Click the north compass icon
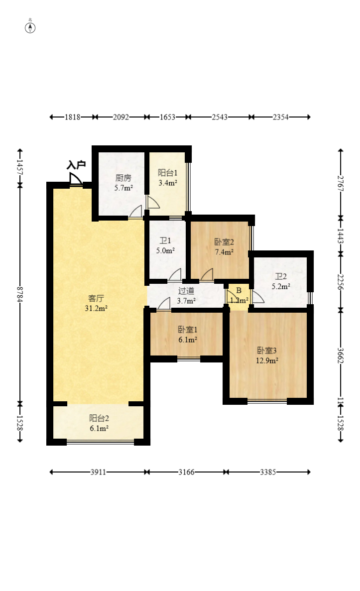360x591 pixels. click(30, 27)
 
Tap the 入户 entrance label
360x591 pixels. click(76, 165)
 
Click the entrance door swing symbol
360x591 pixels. click(75, 179)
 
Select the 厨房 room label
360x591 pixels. click(123, 178)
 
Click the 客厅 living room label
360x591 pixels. click(96, 298)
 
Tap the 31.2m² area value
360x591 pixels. click(96, 308)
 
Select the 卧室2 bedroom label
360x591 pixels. click(224, 242)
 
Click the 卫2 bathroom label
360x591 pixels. click(281, 277)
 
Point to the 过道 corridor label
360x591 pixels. click(186, 291)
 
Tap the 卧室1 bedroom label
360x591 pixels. click(188, 330)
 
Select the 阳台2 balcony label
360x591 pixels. click(99, 418)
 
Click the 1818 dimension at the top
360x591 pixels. click(72, 117)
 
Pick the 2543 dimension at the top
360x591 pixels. click(220, 117)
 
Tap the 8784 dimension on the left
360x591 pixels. click(20, 294)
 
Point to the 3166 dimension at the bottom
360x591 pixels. click(187, 472)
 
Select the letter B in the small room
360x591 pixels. click(239, 291)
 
